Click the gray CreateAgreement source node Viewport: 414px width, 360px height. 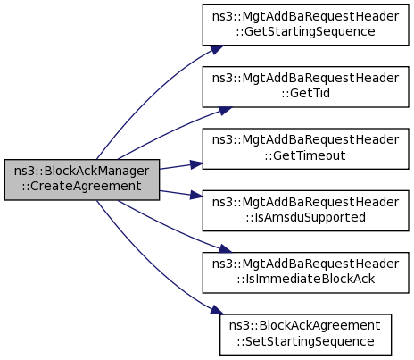point(82,180)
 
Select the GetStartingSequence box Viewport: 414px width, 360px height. point(305,25)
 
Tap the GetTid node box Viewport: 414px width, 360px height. point(305,87)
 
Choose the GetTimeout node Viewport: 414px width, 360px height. point(305,149)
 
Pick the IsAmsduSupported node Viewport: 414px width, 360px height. point(305,211)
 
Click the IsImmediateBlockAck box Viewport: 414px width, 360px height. point(305,272)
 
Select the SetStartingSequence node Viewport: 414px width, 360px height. point(305,334)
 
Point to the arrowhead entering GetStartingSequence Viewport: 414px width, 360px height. point(217,49)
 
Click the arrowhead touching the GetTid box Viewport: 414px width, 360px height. point(226,111)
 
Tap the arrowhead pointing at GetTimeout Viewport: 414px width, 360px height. point(196,164)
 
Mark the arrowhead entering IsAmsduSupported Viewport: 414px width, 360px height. point(196,195)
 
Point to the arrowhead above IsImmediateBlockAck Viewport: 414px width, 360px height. point(226,248)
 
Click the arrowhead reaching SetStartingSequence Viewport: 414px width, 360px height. point(217,310)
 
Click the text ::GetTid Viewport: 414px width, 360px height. point(305,93)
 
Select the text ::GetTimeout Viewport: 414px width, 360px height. point(305,155)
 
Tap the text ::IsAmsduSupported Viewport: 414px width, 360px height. point(305,217)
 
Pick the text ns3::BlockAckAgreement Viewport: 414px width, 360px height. point(305,325)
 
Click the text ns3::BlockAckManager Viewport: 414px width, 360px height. point(82,171)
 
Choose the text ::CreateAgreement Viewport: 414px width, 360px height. point(82,186)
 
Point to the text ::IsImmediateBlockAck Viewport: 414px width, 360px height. point(305,279)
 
